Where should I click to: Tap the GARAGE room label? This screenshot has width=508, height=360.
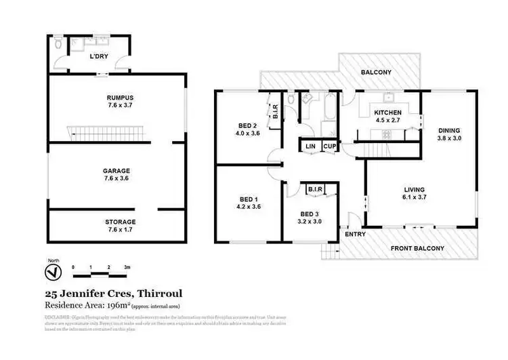[116, 171]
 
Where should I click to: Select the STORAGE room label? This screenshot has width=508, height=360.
[120, 222]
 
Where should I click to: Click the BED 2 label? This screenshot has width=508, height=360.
[247, 126]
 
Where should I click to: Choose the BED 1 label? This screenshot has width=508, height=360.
[247, 199]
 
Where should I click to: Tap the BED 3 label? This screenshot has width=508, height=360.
[310, 214]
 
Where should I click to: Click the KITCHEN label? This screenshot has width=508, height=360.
[389, 113]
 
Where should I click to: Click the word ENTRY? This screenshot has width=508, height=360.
[354, 234]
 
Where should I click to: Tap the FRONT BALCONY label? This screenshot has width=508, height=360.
[418, 248]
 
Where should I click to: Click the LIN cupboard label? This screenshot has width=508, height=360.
[311, 147]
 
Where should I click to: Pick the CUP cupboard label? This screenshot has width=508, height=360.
[329, 147]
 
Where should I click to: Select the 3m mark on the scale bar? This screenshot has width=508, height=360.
[127, 267]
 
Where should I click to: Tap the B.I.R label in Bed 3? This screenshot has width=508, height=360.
[314, 189]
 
